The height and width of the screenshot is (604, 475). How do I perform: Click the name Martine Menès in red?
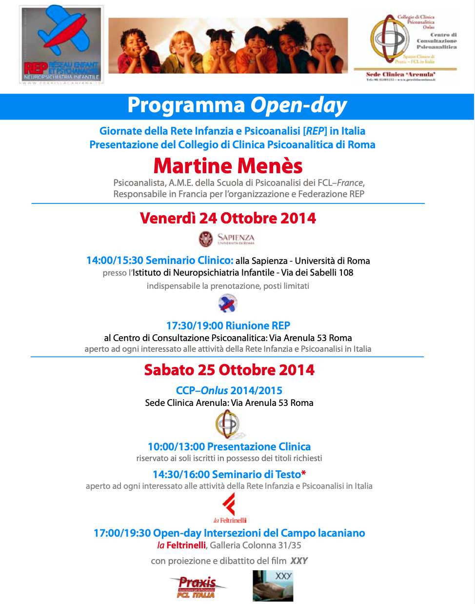tap(228, 166)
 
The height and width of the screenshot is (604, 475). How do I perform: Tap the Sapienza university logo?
tap(227, 239)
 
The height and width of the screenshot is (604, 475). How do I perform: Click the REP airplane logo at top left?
tap(62, 44)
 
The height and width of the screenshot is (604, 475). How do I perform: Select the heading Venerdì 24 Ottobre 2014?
tap(228, 218)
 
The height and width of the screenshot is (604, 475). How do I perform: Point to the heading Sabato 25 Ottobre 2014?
tap(229, 370)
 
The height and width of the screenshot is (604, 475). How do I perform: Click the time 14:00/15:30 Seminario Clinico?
tap(159, 261)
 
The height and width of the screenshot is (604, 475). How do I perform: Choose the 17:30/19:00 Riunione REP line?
tap(228, 325)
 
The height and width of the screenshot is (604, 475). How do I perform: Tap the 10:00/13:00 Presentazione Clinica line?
tap(229, 446)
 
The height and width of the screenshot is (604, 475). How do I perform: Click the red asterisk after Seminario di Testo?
tap(304, 474)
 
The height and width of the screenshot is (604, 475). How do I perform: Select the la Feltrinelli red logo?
tap(230, 508)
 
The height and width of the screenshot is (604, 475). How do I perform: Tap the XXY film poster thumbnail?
tap(273, 585)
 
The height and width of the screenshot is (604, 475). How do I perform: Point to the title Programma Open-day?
tap(237, 106)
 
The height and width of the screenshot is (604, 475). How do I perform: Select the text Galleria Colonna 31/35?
tap(256, 545)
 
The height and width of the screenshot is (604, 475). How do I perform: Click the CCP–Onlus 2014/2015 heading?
tap(229, 390)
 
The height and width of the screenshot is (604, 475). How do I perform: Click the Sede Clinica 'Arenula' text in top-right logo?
tap(400, 74)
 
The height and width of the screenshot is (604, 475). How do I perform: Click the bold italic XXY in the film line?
tap(299, 561)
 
